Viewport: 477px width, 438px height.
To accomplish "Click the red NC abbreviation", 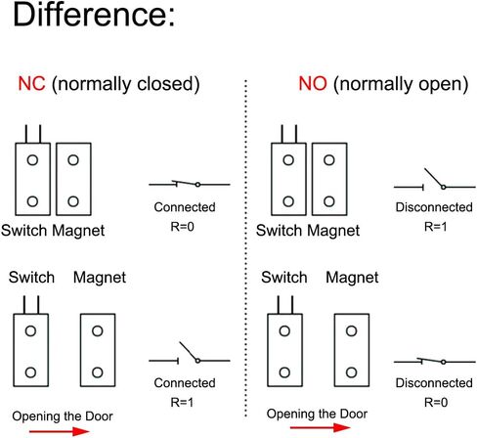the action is click(x=31, y=84).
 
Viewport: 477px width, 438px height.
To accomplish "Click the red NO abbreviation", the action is click(x=313, y=84).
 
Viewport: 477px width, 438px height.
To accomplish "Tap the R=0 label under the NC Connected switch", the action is click(x=182, y=227).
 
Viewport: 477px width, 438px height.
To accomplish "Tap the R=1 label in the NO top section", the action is click(x=436, y=227).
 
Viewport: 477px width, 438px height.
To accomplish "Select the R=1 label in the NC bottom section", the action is click(x=182, y=403).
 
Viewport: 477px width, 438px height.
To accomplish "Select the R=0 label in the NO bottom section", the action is click(x=436, y=403).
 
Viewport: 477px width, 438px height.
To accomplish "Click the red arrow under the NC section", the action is click(x=59, y=432).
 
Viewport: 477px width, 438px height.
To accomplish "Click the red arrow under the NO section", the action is click(x=320, y=427).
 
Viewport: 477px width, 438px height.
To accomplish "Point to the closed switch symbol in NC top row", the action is click(x=190, y=184).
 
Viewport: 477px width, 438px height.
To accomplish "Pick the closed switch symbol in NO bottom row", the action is click(x=435, y=362).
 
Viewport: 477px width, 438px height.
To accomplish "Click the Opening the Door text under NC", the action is click(x=63, y=416).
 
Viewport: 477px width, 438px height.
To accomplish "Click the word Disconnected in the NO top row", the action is click(x=434, y=207).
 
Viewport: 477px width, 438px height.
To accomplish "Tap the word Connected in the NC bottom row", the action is click(x=185, y=383).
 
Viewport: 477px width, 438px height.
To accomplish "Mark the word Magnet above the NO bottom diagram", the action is click(x=352, y=278).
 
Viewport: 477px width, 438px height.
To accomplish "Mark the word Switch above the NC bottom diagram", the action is click(x=31, y=278).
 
